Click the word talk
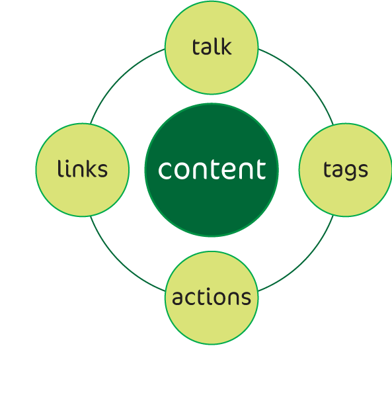click(212, 47)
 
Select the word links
click(83, 169)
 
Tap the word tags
click(346, 170)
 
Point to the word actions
click(212, 296)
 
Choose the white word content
click(212, 169)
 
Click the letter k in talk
click(225, 47)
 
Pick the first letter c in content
click(165, 171)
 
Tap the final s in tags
click(363, 170)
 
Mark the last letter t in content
click(261, 169)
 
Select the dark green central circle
click(212, 170)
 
